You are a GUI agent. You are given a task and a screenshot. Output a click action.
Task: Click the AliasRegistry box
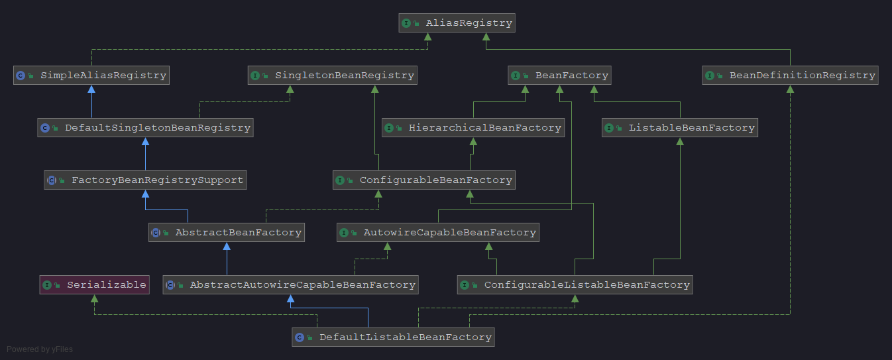tap(457, 23)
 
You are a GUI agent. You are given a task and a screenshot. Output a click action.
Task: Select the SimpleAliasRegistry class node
tap(91, 76)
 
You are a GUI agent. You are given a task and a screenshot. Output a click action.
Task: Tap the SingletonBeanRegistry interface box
tap(333, 76)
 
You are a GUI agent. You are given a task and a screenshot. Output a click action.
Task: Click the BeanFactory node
tap(559, 76)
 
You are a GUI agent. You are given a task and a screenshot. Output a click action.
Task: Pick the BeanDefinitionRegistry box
tap(790, 76)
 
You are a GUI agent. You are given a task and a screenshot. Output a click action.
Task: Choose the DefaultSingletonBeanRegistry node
tap(145, 128)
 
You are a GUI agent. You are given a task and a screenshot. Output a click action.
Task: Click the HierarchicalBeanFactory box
tap(473, 128)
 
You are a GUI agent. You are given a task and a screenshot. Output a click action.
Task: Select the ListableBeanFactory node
tap(679, 128)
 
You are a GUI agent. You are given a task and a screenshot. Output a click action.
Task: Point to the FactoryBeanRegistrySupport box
tap(145, 180)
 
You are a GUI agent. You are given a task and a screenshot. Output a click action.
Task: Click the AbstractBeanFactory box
tap(227, 233)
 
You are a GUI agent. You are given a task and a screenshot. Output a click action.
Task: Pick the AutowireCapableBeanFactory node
tap(438, 233)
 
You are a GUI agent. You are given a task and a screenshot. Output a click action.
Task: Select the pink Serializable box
tap(94, 285)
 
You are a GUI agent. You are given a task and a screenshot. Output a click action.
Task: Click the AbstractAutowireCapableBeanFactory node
tap(290, 285)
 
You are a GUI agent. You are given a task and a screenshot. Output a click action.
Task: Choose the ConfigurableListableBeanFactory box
tap(575, 285)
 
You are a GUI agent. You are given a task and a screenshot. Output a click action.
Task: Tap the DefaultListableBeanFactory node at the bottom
tap(394, 337)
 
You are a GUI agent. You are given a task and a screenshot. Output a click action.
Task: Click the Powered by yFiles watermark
tap(40, 349)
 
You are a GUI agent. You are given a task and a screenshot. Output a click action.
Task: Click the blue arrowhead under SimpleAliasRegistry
tap(91, 89)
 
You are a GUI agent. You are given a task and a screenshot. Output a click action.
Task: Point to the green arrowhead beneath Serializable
tap(94, 299)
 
